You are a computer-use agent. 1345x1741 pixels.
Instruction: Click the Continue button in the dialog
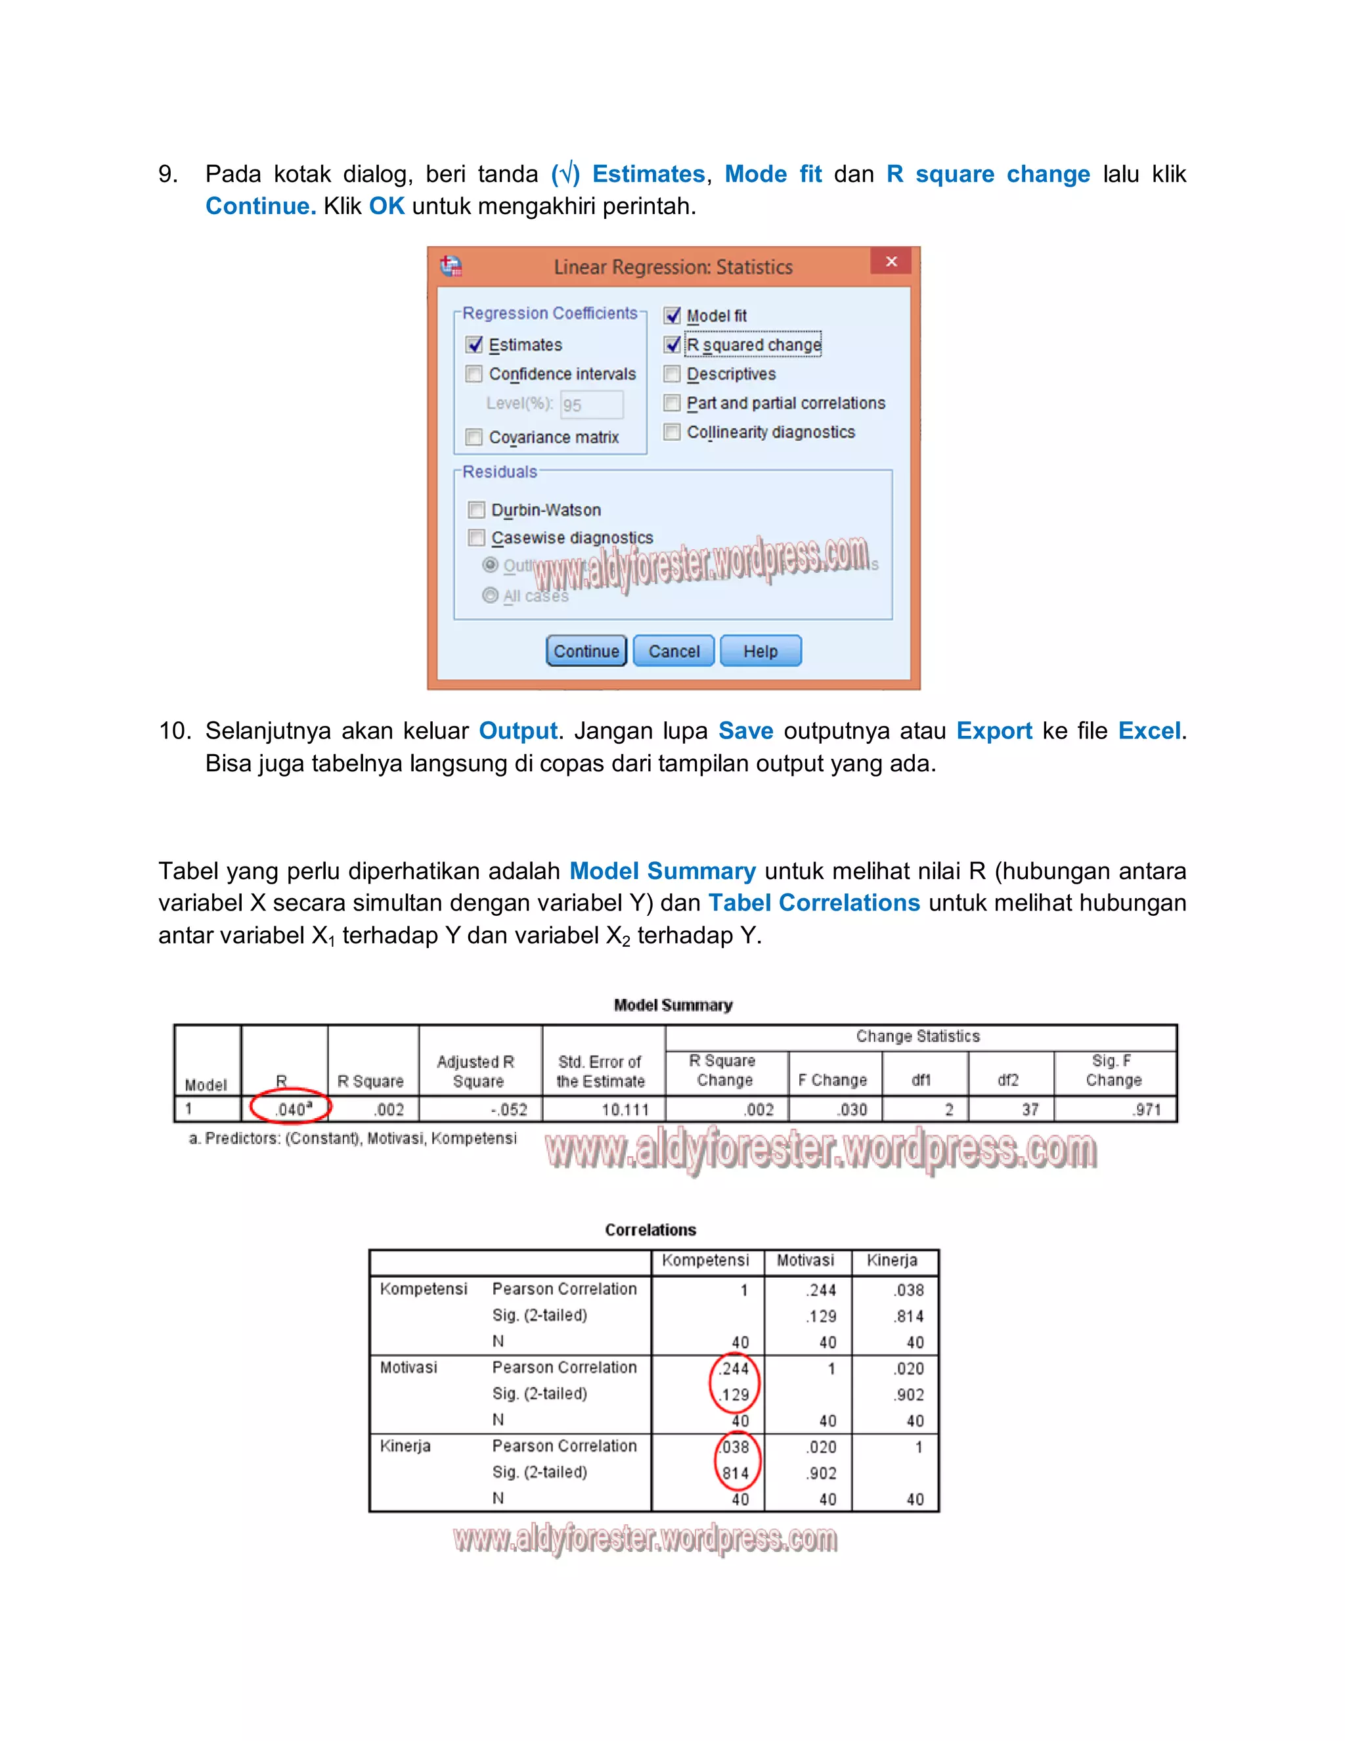click(x=586, y=650)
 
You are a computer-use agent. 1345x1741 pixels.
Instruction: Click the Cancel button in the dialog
click(x=673, y=650)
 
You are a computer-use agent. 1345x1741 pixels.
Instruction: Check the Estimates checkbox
click(x=475, y=344)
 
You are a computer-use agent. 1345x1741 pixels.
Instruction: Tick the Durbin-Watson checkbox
click(x=477, y=509)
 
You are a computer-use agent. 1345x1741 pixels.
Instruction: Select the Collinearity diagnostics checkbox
click(x=672, y=432)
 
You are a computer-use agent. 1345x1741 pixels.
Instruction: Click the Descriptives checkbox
click(x=672, y=374)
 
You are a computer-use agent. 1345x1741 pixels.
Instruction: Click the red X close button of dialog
click(x=891, y=261)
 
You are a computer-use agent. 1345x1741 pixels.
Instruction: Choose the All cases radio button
click(x=490, y=595)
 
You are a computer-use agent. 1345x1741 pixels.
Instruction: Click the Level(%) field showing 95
click(x=591, y=404)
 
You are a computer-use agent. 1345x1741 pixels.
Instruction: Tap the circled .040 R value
click(x=292, y=1109)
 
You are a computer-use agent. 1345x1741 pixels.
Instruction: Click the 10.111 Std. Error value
click(x=625, y=1109)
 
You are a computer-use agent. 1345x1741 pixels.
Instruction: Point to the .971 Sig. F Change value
click(x=1147, y=1109)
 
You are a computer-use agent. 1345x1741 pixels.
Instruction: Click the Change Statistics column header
click(x=918, y=1036)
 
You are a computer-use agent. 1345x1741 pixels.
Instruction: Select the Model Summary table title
click(x=672, y=1005)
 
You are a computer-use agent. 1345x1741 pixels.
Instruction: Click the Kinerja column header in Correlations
click(x=892, y=1260)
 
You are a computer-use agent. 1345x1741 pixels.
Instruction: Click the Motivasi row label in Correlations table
click(x=408, y=1367)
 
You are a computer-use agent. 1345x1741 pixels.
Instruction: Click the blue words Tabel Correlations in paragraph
click(x=814, y=903)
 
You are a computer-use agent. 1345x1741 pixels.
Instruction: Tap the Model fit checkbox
click(x=672, y=315)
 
